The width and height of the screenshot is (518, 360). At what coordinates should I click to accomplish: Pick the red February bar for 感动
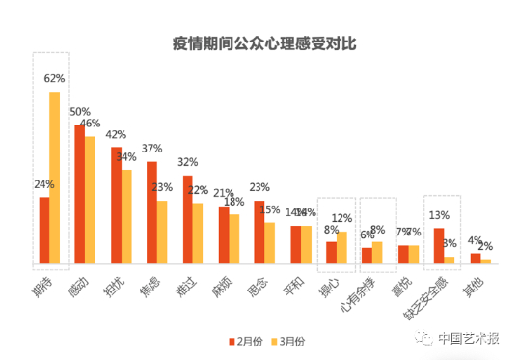pyautogui.click(x=79, y=194)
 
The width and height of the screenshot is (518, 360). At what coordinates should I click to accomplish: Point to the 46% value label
pyautogui.click(x=91, y=124)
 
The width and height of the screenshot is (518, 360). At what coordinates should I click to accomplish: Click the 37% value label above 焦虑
pyautogui.click(x=150, y=149)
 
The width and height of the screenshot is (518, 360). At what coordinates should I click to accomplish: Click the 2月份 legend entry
pyautogui.click(x=246, y=341)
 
